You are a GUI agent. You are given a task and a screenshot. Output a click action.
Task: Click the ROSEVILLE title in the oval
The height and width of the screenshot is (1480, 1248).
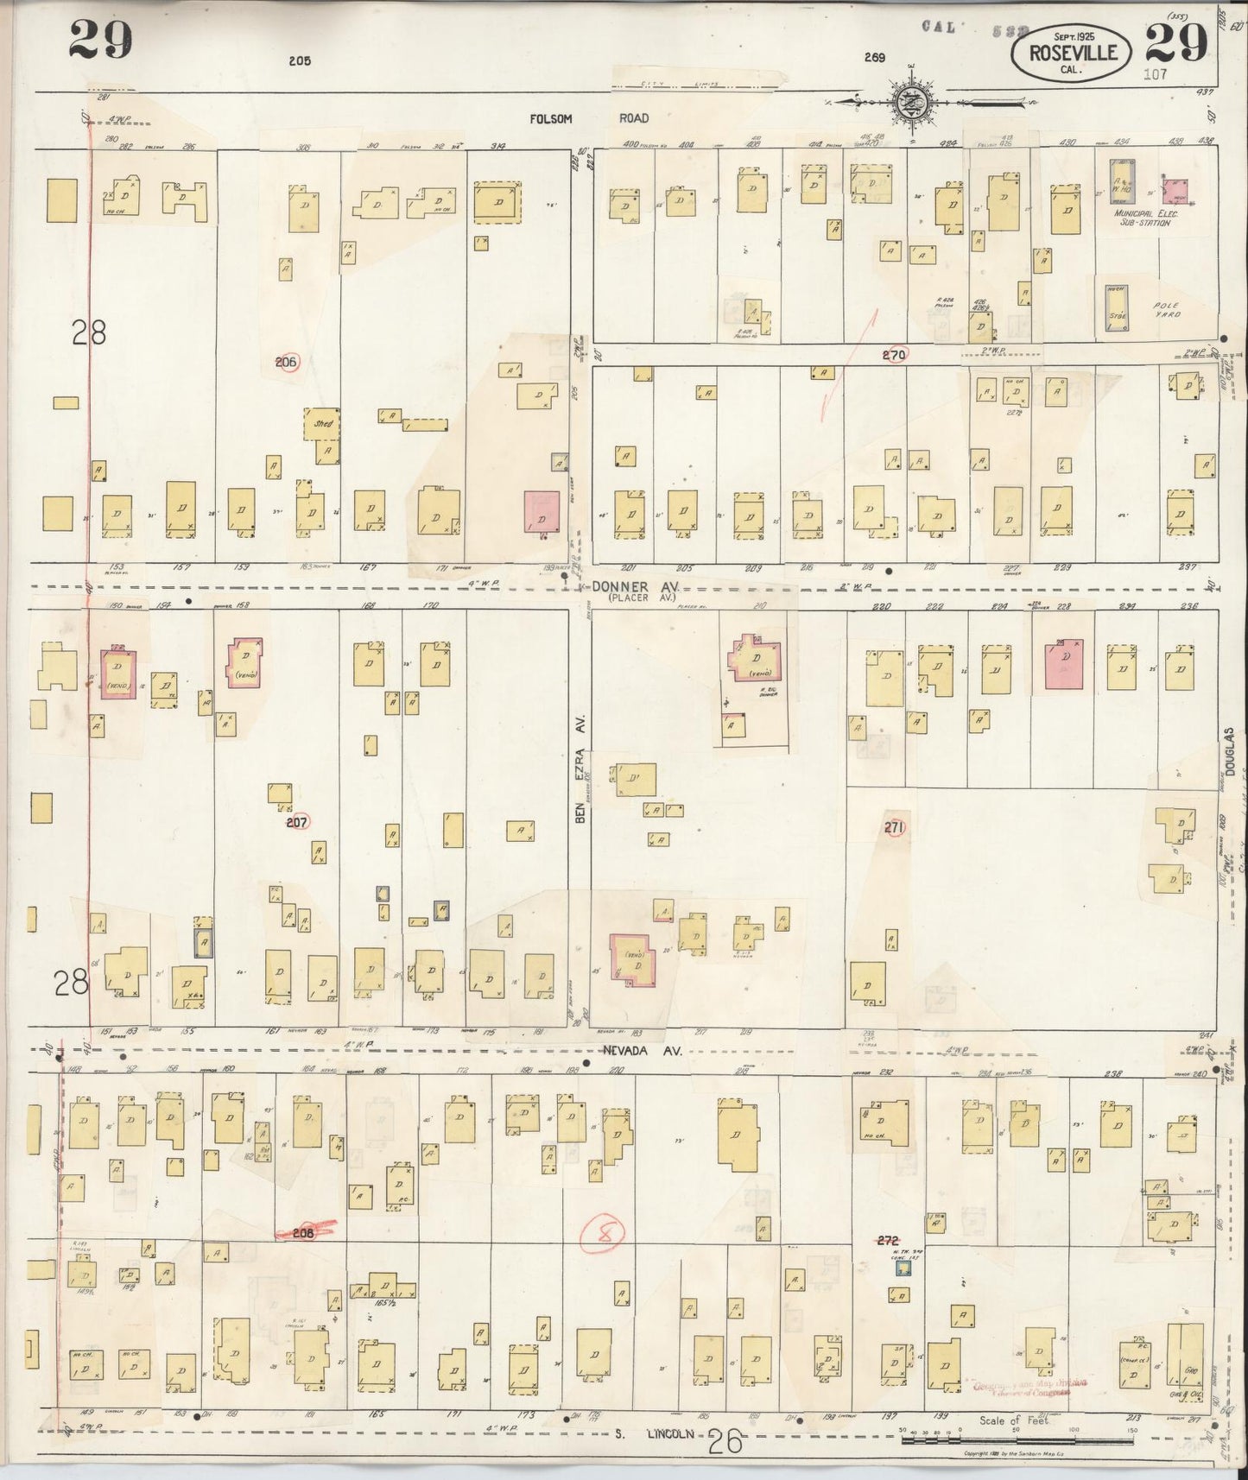[x=1074, y=54]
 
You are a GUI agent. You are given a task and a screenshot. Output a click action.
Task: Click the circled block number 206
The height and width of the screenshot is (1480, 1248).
[x=287, y=363]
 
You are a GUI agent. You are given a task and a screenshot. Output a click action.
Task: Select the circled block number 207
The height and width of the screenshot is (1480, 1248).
[x=297, y=823]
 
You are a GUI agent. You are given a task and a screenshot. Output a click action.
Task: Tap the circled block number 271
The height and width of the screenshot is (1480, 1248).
[x=894, y=828]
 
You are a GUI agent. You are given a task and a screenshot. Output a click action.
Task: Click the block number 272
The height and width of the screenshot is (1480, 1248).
[x=888, y=1241]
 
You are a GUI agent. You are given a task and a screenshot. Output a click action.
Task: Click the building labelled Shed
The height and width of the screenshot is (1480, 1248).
[x=323, y=424]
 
